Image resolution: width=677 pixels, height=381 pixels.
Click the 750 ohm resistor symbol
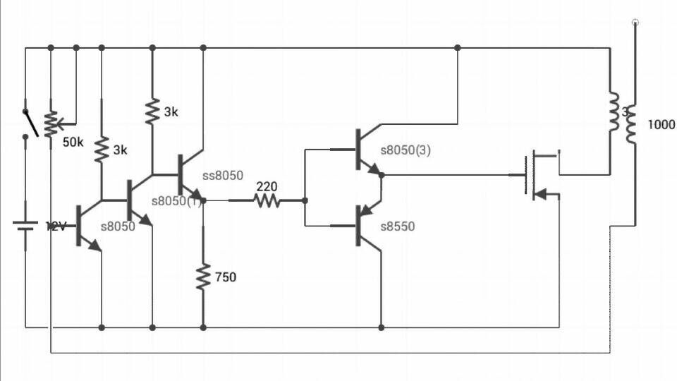[203, 277]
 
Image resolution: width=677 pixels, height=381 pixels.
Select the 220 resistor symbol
[267, 201]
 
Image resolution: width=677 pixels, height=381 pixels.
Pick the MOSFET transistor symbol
[539, 174]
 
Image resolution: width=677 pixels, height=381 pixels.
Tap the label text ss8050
[223, 174]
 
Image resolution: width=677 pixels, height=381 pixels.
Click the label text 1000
[661, 125]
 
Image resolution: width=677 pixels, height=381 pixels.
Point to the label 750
[226, 277]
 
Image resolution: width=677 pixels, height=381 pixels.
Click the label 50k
[73, 143]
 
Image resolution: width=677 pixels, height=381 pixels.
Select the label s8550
[398, 226]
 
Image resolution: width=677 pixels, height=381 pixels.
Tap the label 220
[267, 187]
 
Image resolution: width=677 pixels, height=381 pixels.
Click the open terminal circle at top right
[635, 23]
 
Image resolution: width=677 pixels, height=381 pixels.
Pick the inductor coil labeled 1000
[632, 126]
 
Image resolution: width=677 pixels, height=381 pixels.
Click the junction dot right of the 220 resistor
[305, 201]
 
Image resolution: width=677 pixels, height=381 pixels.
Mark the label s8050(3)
[405, 150]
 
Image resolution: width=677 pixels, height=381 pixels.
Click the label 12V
[56, 226]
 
